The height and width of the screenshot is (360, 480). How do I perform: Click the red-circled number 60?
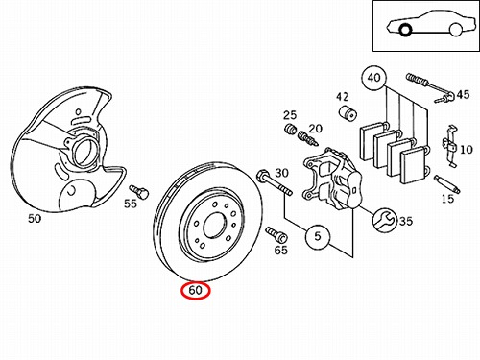pyautogui.click(x=195, y=291)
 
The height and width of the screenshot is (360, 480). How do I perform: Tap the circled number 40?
pyautogui.click(x=373, y=78)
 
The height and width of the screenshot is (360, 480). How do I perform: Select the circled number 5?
pyautogui.click(x=318, y=236)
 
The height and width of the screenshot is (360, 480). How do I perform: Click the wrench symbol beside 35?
pyautogui.click(x=384, y=221)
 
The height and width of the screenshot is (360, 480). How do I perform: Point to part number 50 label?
pyautogui.click(x=35, y=219)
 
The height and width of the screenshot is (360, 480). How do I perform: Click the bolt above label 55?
pyautogui.click(x=139, y=191)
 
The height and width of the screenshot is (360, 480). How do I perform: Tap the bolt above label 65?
pyautogui.click(x=276, y=234)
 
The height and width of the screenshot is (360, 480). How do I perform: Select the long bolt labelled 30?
pyautogui.click(x=275, y=183)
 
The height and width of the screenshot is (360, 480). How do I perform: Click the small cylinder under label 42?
pyautogui.click(x=348, y=112)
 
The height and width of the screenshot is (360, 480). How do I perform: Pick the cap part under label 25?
pyautogui.click(x=290, y=129)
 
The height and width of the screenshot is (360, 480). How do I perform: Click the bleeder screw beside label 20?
pyautogui.click(x=307, y=138)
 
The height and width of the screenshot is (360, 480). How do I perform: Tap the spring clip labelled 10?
pyautogui.click(x=450, y=146)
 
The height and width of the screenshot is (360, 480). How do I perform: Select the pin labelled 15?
pyautogui.click(x=447, y=184)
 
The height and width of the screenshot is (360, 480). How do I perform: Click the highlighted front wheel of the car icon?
pyautogui.click(x=405, y=30)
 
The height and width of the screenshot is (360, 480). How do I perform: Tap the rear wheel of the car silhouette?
pyautogui.click(x=455, y=30)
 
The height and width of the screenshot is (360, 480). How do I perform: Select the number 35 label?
pyautogui.click(x=405, y=221)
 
